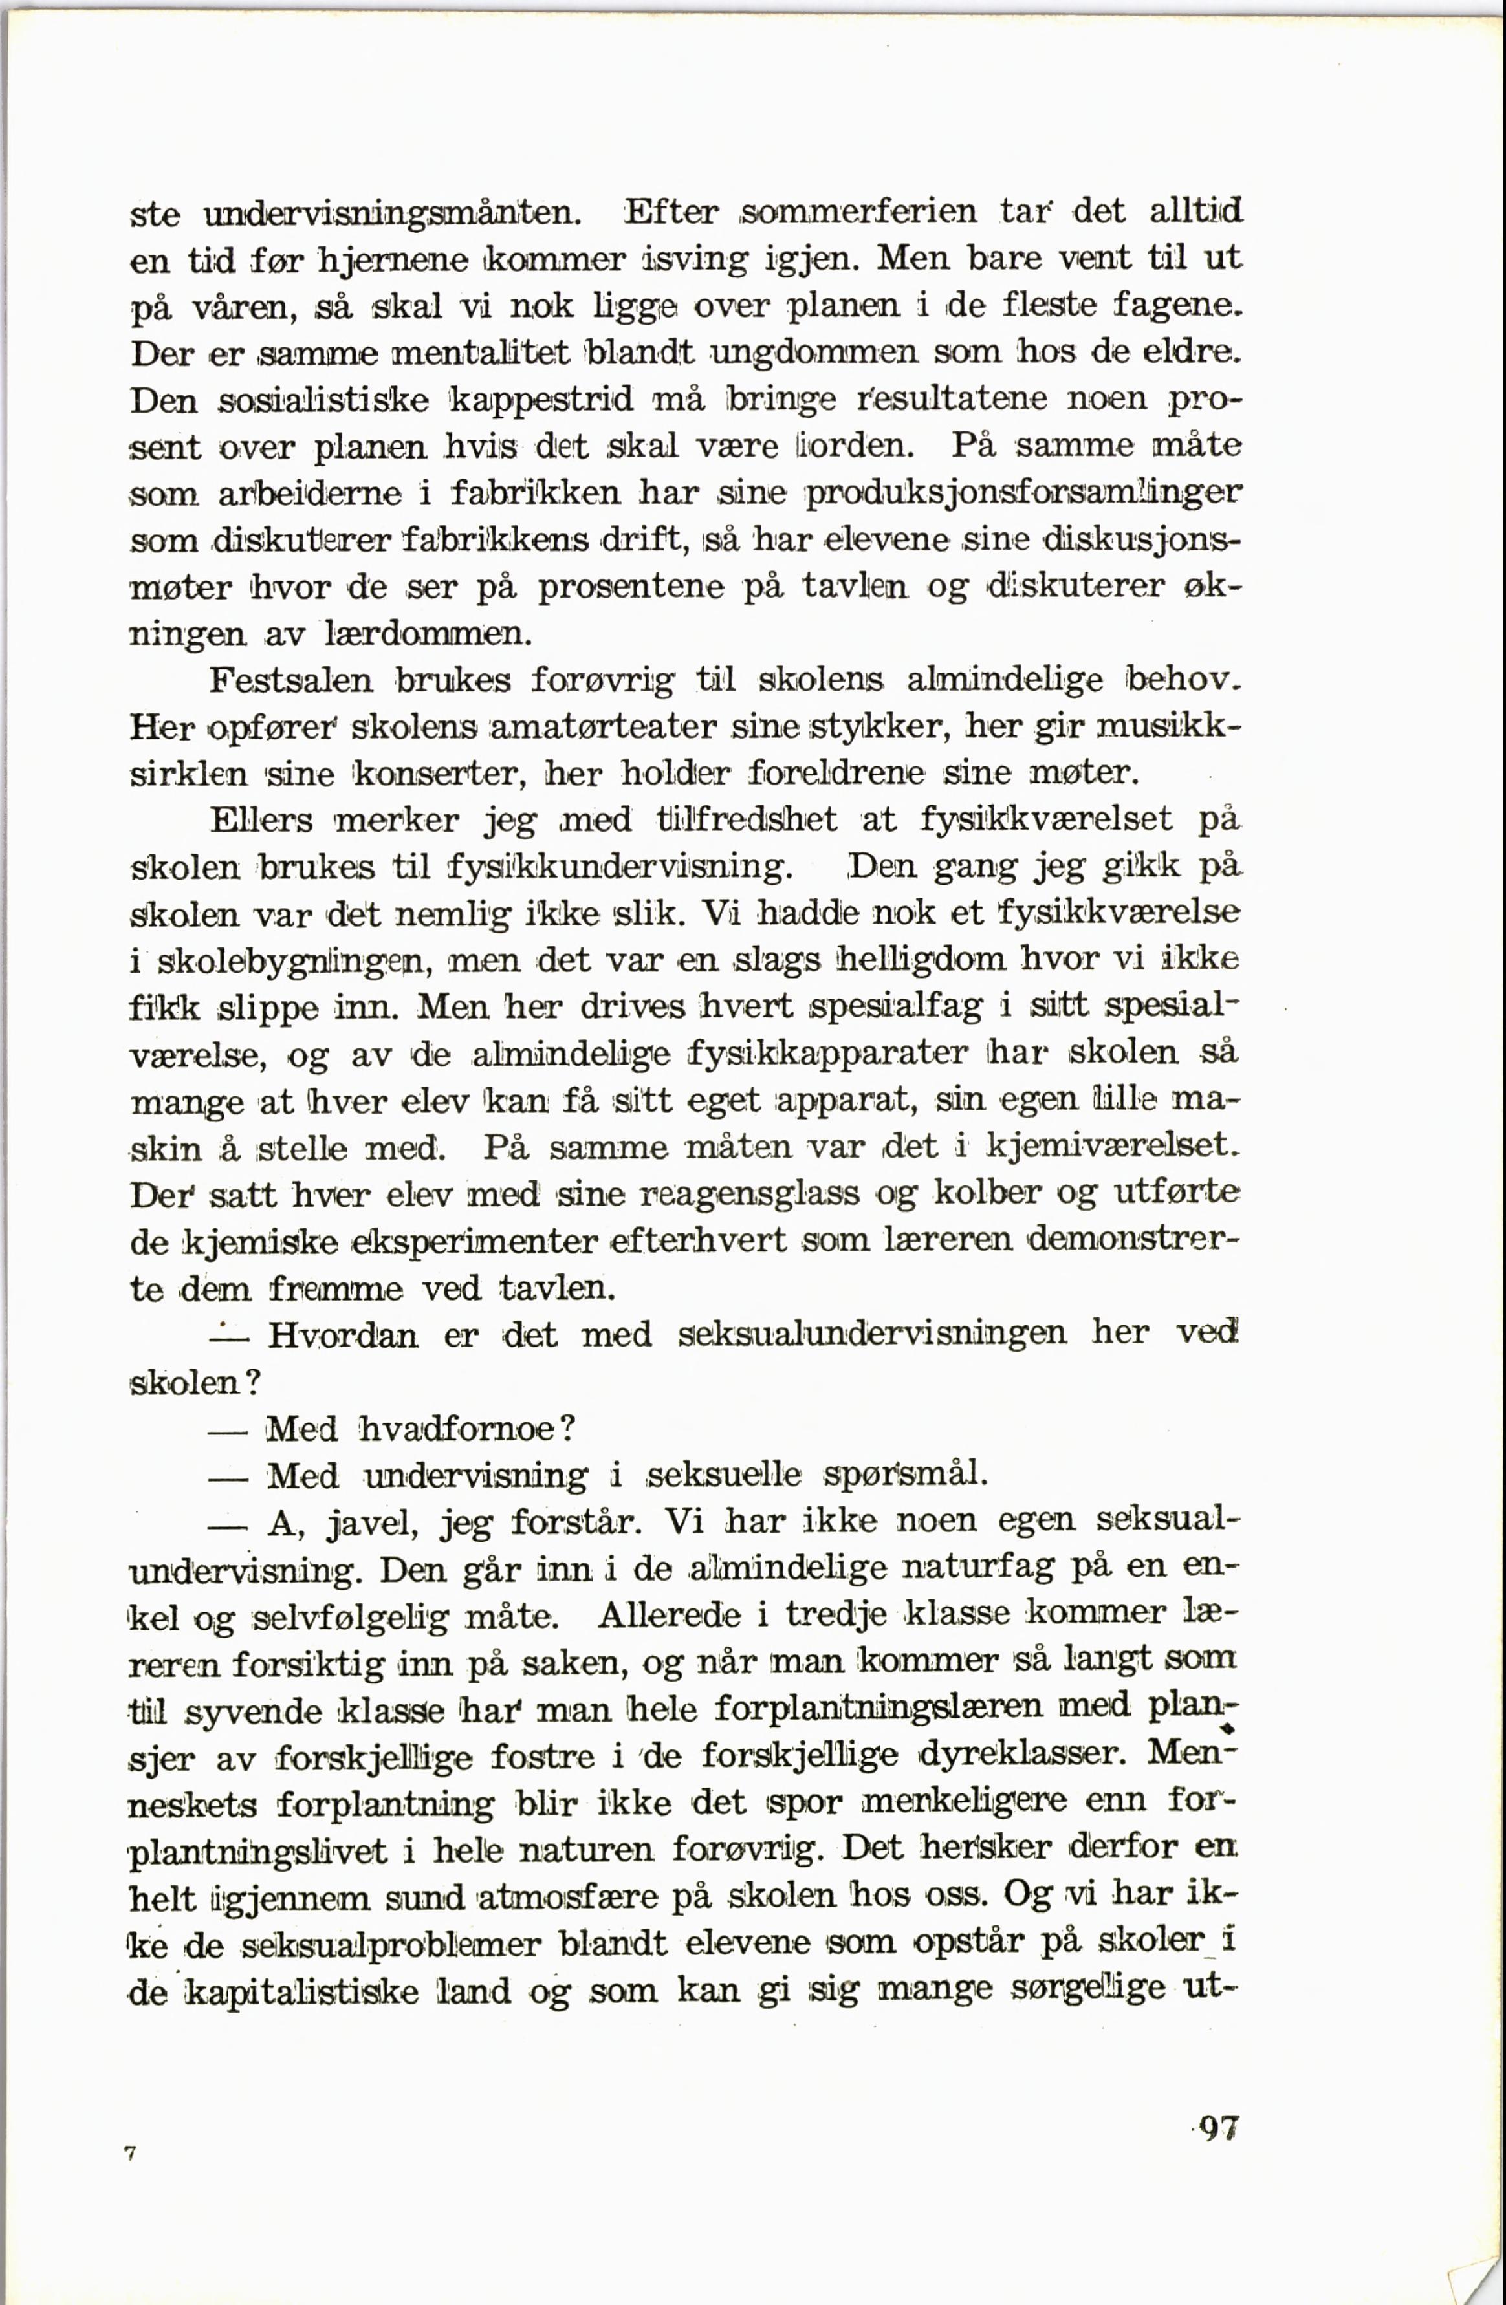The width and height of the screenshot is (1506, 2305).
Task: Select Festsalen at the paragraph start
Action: click(292, 680)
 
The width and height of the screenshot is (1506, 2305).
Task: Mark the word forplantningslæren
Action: click(878, 1707)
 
